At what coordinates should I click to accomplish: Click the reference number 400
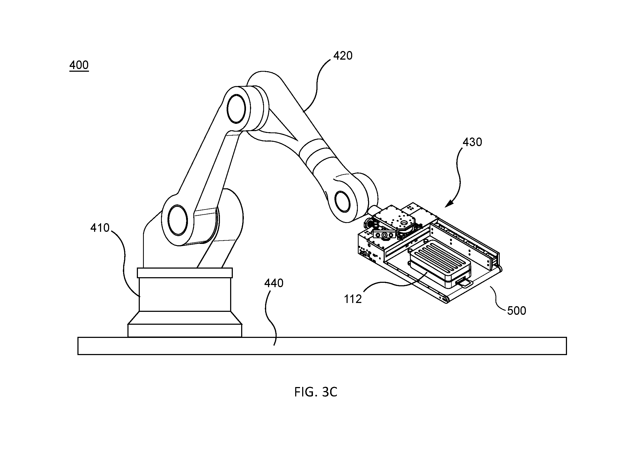[79, 65]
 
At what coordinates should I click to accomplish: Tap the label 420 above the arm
[343, 56]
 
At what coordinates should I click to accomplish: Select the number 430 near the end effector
[472, 142]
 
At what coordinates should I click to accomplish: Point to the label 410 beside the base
[100, 228]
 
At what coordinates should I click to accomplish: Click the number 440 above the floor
[274, 283]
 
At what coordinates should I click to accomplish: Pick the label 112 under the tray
[353, 299]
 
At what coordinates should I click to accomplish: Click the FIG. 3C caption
[316, 392]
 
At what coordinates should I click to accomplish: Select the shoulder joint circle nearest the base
[178, 220]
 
